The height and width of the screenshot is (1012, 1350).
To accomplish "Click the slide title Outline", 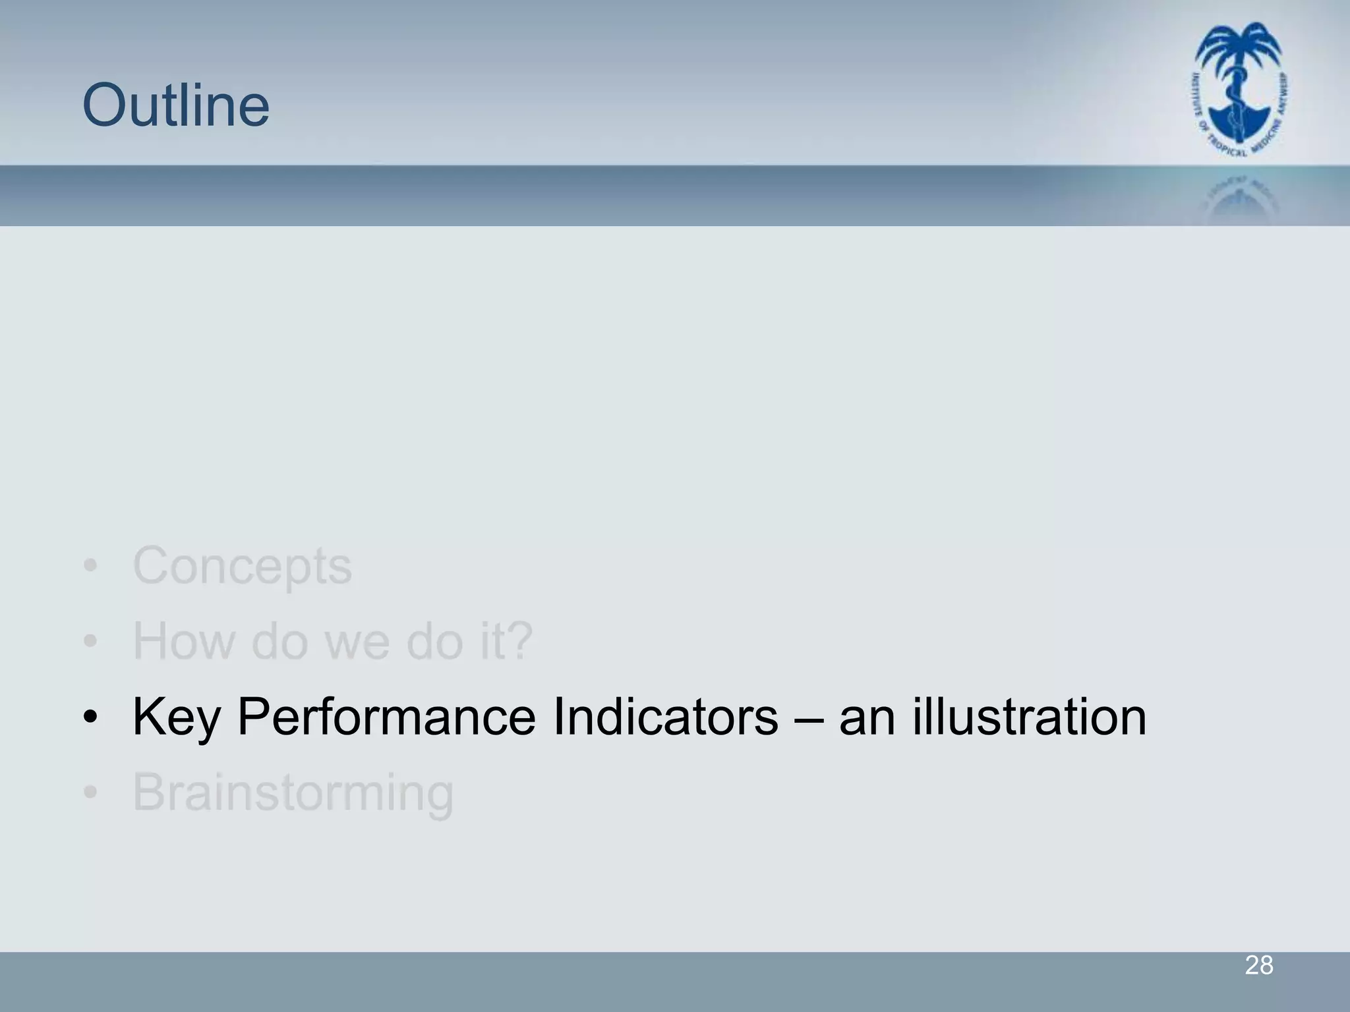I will [x=176, y=105].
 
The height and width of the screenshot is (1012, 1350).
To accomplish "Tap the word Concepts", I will [x=243, y=565].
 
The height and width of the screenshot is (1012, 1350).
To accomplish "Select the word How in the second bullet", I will [x=184, y=640].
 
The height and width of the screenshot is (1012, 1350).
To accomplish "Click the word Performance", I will [x=386, y=717].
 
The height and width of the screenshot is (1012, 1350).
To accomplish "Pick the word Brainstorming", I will [x=293, y=793].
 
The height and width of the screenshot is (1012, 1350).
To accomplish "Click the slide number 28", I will [x=1258, y=966].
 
